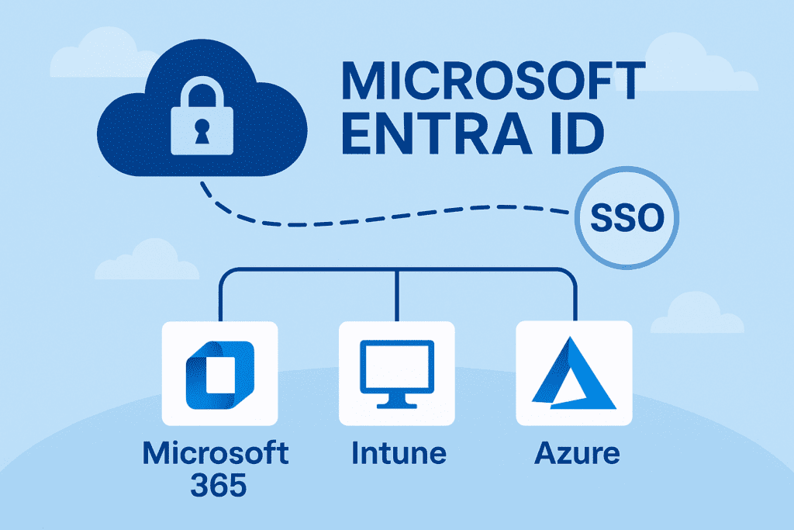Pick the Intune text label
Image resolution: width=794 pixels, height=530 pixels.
(x=398, y=452)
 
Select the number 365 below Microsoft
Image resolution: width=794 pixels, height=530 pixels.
(x=219, y=486)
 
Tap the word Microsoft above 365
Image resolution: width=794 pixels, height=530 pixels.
(x=216, y=452)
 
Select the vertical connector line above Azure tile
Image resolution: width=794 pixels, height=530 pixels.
(x=575, y=299)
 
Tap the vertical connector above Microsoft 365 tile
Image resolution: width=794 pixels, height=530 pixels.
(x=220, y=299)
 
